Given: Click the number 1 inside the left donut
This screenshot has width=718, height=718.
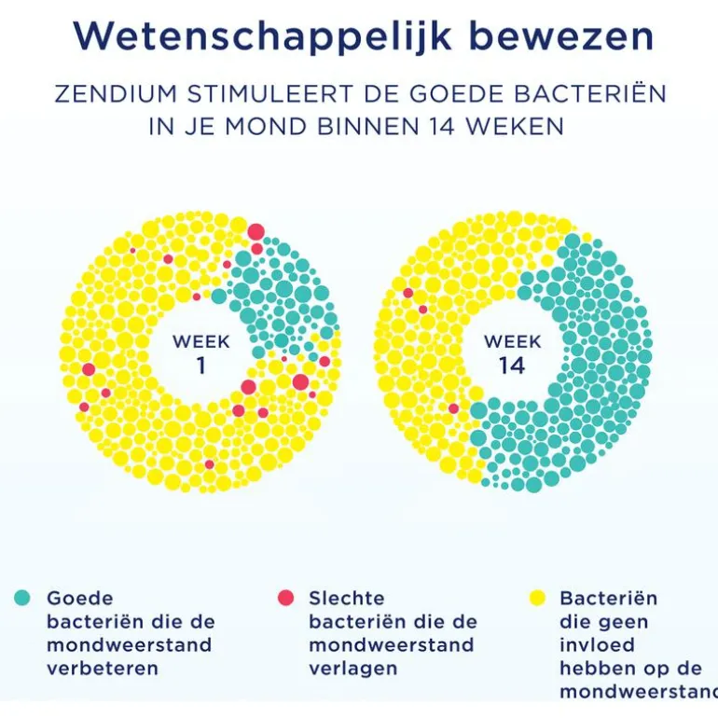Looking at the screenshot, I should pyautogui.click(x=200, y=366).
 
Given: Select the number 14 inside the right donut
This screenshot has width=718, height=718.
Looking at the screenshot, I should pyautogui.click(x=511, y=366).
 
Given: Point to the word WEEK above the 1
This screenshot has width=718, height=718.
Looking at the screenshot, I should pyautogui.click(x=200, y=341).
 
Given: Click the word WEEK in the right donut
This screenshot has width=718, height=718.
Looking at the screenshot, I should pyautogui.click(x=512, y=341).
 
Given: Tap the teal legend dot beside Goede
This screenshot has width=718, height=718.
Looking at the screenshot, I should pyautogui.click(x=23, y=598).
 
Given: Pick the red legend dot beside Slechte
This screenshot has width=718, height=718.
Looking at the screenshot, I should pyautogui.click(x=285, y=598).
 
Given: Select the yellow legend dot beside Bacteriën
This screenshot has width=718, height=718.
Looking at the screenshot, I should pyautogui.click(x=536, y=598).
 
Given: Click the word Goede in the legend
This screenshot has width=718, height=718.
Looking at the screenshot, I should pyautogui.click(x=80, y=599).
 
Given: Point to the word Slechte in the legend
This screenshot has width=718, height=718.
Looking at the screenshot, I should pyautogui.click(x=347, y=599).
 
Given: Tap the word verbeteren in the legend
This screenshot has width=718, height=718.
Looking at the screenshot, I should pyautogui.click(x=103, y=669).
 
